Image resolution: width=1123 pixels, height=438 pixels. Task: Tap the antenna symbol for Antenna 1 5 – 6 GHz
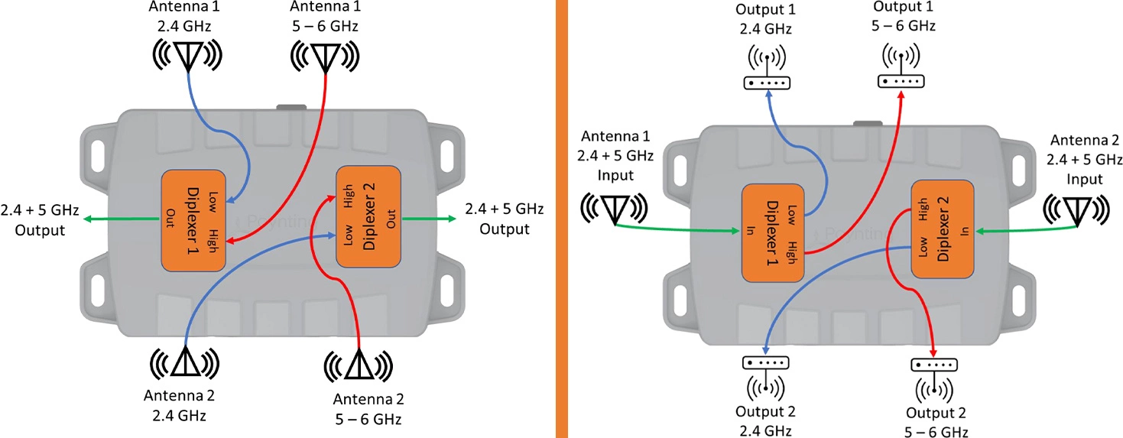pos(326,56)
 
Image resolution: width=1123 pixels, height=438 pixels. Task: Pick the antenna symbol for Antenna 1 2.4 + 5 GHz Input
pos(614,208)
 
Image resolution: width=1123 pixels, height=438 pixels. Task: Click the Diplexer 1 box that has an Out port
pos(194,219)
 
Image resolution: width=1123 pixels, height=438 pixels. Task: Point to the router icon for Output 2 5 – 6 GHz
pos(934,375)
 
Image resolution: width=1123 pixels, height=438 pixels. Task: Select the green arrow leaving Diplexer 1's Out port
pos(122,219)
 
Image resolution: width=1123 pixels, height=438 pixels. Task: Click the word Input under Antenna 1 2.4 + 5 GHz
pos(615,174)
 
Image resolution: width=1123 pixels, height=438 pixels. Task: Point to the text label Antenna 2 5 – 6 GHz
pos(368,409)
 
